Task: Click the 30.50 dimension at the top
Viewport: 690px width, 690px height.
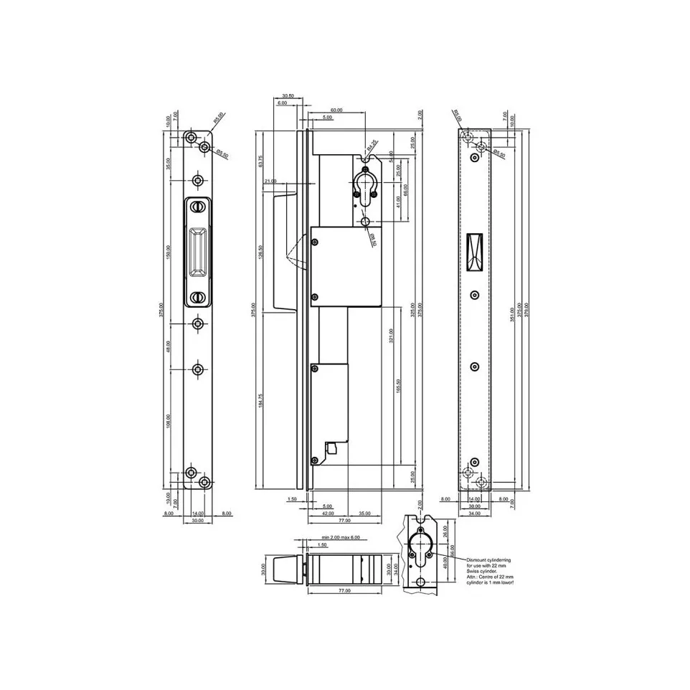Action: [x=288, y=95]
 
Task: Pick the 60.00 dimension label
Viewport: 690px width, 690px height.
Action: [x=336, y=110]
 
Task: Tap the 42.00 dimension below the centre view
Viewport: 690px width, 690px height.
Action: [x=327, y=514]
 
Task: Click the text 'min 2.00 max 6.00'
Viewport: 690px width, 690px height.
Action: [x=342, y=537]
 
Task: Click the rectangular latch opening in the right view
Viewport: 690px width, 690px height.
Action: [x=474, y=253]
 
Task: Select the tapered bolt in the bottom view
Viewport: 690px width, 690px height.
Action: [x=285, y=570]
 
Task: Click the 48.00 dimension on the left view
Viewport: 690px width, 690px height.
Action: [x=169, y=346]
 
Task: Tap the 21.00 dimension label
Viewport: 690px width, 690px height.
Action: [x=270, y=181]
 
